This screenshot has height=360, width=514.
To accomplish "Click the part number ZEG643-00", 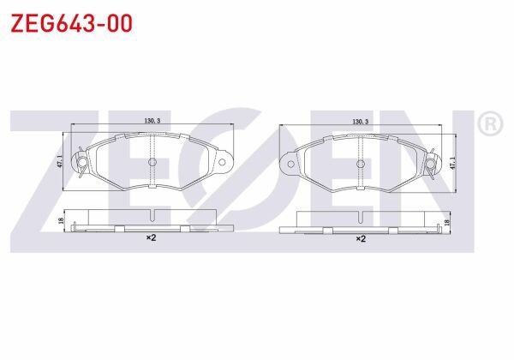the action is tap(71, 23).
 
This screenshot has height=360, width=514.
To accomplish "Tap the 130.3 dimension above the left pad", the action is tap(152, 121).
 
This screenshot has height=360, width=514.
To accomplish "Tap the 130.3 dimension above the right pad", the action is tap(361, 122).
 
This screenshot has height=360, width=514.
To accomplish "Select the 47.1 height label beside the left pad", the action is tap(60, 161).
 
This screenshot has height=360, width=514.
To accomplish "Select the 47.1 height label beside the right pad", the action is tap(452, 163).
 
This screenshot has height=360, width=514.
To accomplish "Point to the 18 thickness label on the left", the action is tap(61, 220).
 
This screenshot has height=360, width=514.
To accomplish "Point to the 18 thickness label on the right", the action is tap(446, 223).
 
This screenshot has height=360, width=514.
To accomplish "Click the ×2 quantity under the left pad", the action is tap(151, 237).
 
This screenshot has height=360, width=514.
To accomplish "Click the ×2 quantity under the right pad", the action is tap(361, 238).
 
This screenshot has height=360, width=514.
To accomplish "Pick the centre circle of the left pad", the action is tap(152, 162).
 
